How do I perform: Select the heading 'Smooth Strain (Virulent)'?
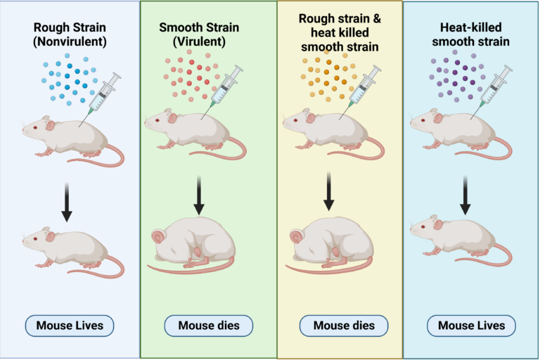(200, 34)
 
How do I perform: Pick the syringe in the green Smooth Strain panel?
(227, 86)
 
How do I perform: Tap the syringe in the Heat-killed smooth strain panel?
(495, 86)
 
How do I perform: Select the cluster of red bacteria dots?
(192, 76)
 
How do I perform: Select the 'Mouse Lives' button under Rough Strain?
(69, 326)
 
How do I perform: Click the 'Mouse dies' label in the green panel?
(208, 326)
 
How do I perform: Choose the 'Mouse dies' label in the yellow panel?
(343, 326)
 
